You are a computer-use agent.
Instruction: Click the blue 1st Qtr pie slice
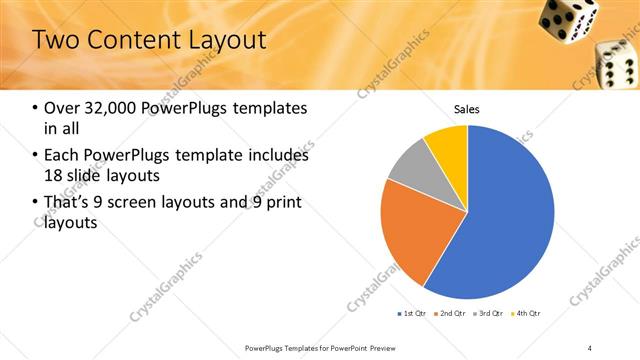[x=510, y=220]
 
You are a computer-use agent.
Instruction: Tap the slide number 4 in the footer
[x=590, y=347]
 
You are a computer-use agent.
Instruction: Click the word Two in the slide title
[x=56, y=41]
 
